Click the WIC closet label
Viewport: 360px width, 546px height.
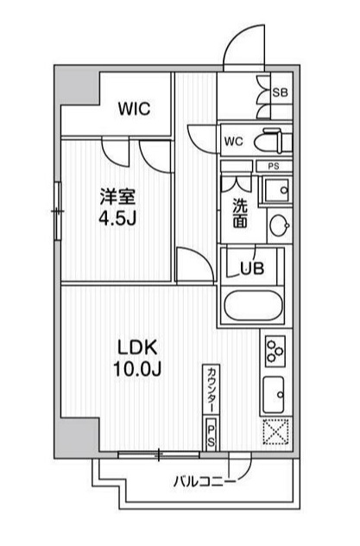(x=135, y=109)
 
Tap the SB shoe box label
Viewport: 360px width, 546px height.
(x=280, y=92)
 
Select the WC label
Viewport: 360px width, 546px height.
(x=233, y=141)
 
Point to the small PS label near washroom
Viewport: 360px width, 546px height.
(x=273, y=166)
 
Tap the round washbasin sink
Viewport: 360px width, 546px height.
(x=279, y=225)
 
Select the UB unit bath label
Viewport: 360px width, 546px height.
(x=251, y=269)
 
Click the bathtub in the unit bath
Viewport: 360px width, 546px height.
(x=252, y=306)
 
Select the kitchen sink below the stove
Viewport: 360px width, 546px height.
(x=277, y=395)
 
